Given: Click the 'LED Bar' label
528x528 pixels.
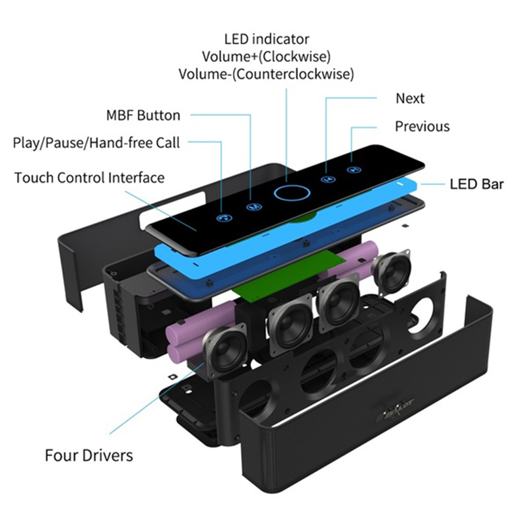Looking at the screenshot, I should [x=477, y=183].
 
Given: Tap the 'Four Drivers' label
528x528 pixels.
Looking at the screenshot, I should [x=88, y=455].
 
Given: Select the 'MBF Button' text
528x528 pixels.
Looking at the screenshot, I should [x=143, y=115].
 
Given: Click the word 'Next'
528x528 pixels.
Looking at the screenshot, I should [x=410, y=99].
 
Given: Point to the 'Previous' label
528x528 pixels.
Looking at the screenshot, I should [x=422, y=126].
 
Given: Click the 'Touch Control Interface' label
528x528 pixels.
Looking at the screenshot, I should [x=89, y=178].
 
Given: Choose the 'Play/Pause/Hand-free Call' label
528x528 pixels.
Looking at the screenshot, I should [x=96, y=143].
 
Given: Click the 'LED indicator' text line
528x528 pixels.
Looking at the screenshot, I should [x=266, y=40].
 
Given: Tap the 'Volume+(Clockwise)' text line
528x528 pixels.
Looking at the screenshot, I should [x=266, y=57].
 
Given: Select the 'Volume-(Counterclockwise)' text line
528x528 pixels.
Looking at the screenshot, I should [x=266, y=74].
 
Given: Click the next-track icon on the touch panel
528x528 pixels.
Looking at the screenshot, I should [x=325, y=179].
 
